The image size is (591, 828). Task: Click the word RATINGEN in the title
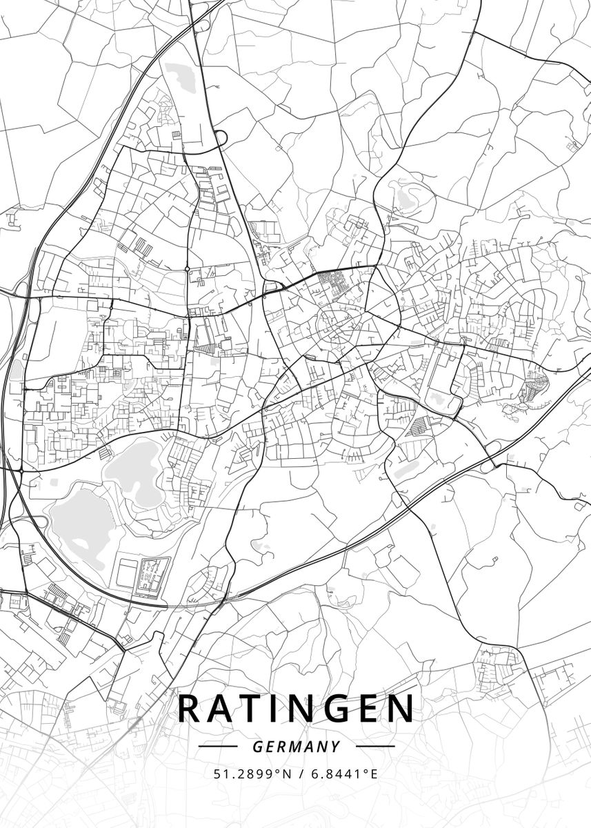297,709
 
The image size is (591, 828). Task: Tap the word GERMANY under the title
297,747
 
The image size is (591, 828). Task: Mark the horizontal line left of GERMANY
217,746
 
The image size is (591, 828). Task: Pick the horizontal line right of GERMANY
375,746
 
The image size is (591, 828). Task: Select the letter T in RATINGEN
252,709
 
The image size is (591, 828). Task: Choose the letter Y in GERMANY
335,747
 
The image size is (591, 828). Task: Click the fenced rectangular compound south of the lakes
152,576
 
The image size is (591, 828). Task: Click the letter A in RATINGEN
223,709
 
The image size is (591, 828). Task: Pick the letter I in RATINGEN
275,709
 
